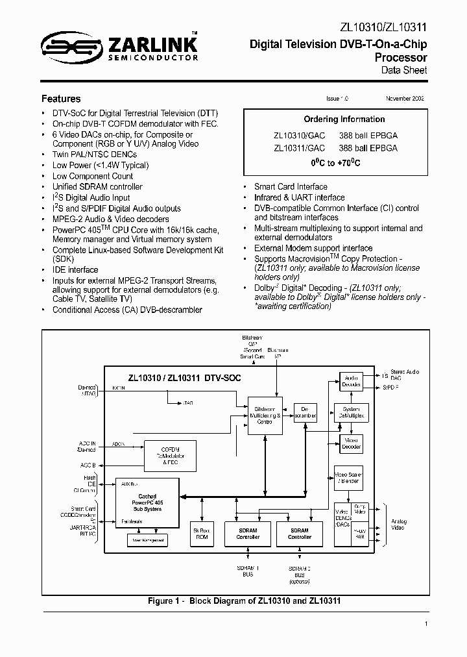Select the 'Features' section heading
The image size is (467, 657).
pos(61,99)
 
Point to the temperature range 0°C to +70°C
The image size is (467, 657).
pos(335,163)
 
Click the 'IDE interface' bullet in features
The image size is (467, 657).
pos(75,269)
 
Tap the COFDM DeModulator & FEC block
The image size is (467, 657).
pos(169,457)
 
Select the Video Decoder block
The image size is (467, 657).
pos(351,443)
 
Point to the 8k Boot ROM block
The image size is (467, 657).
pos(202,534)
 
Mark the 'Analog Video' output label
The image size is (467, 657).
pos(398,524)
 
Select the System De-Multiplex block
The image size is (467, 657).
pos(351,413)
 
